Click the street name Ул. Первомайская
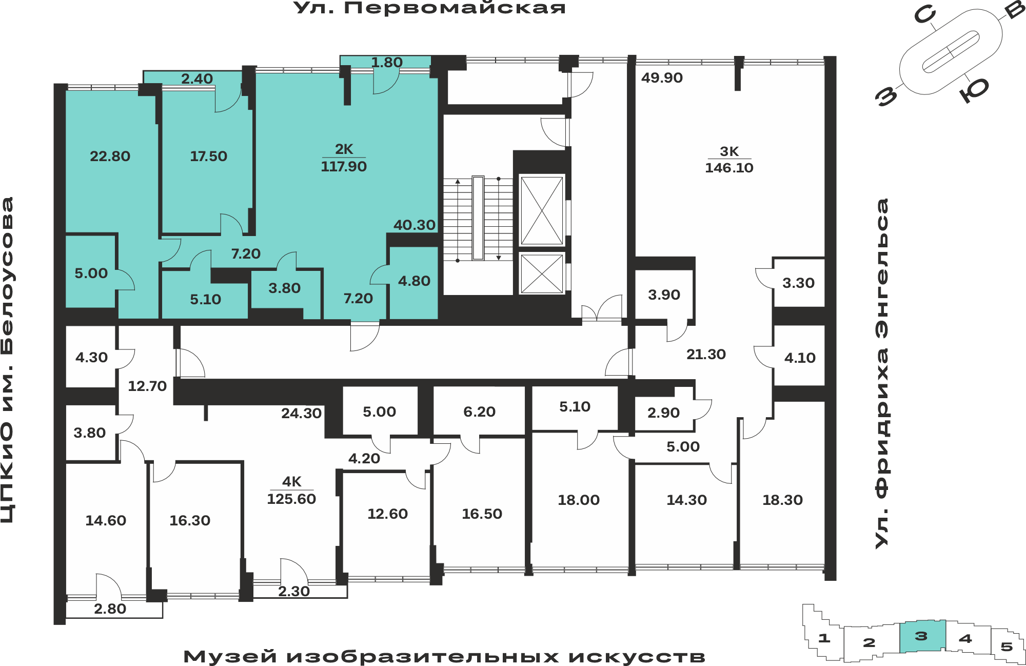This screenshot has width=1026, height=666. tap(429, 8)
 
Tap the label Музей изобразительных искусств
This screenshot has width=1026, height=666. tap(444, 656)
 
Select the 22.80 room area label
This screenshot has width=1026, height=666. tap(110, 156)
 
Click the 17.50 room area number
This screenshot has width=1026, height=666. tap(208, 156)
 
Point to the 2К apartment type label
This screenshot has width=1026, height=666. tap(344, 149)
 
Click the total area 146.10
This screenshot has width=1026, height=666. tap(729, 168)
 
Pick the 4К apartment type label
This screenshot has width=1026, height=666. tap(291, 481)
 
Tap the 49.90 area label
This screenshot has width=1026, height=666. tap(662, 77)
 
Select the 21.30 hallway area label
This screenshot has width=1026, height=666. tap(706, 354)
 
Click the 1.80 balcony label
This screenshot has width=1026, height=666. tap(387, 63)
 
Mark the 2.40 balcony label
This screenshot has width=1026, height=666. tap(196, 79)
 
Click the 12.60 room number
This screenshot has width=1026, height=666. tap(387, 514)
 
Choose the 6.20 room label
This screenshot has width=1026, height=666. tap(479, 412)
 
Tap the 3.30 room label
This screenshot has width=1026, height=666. tap(798, 283)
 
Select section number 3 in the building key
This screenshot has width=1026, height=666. tap(921, 636)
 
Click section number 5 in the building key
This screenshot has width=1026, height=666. tap(1007, 647)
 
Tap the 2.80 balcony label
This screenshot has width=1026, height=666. tap(110, 609)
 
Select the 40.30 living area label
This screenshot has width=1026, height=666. tap(415, 225)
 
